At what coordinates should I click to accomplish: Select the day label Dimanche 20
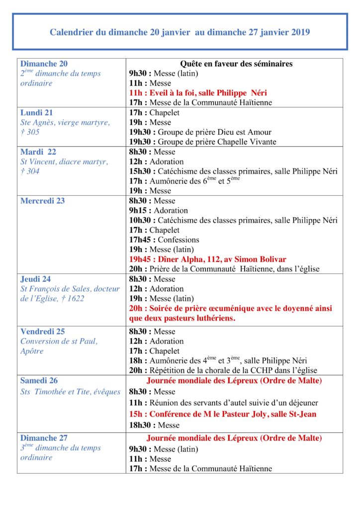[x=44, y=64]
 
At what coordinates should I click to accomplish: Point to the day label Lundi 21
[x=36, y=112]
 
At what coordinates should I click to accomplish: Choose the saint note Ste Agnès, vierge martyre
[x=65, y=122]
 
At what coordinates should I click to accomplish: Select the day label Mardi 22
[x=38, y=152]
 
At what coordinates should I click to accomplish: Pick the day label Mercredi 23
[x=43, y=201]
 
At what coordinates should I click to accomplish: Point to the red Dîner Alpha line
[x=207, y=259]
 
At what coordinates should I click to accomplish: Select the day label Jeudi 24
[x=35, y=279]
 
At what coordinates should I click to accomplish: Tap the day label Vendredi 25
[x=43, y=331]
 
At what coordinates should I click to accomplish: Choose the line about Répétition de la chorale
[x=223, y=370]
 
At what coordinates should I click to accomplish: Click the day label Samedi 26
[x=39, y=381]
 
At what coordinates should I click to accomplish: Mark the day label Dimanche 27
[x=44, y=438]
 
